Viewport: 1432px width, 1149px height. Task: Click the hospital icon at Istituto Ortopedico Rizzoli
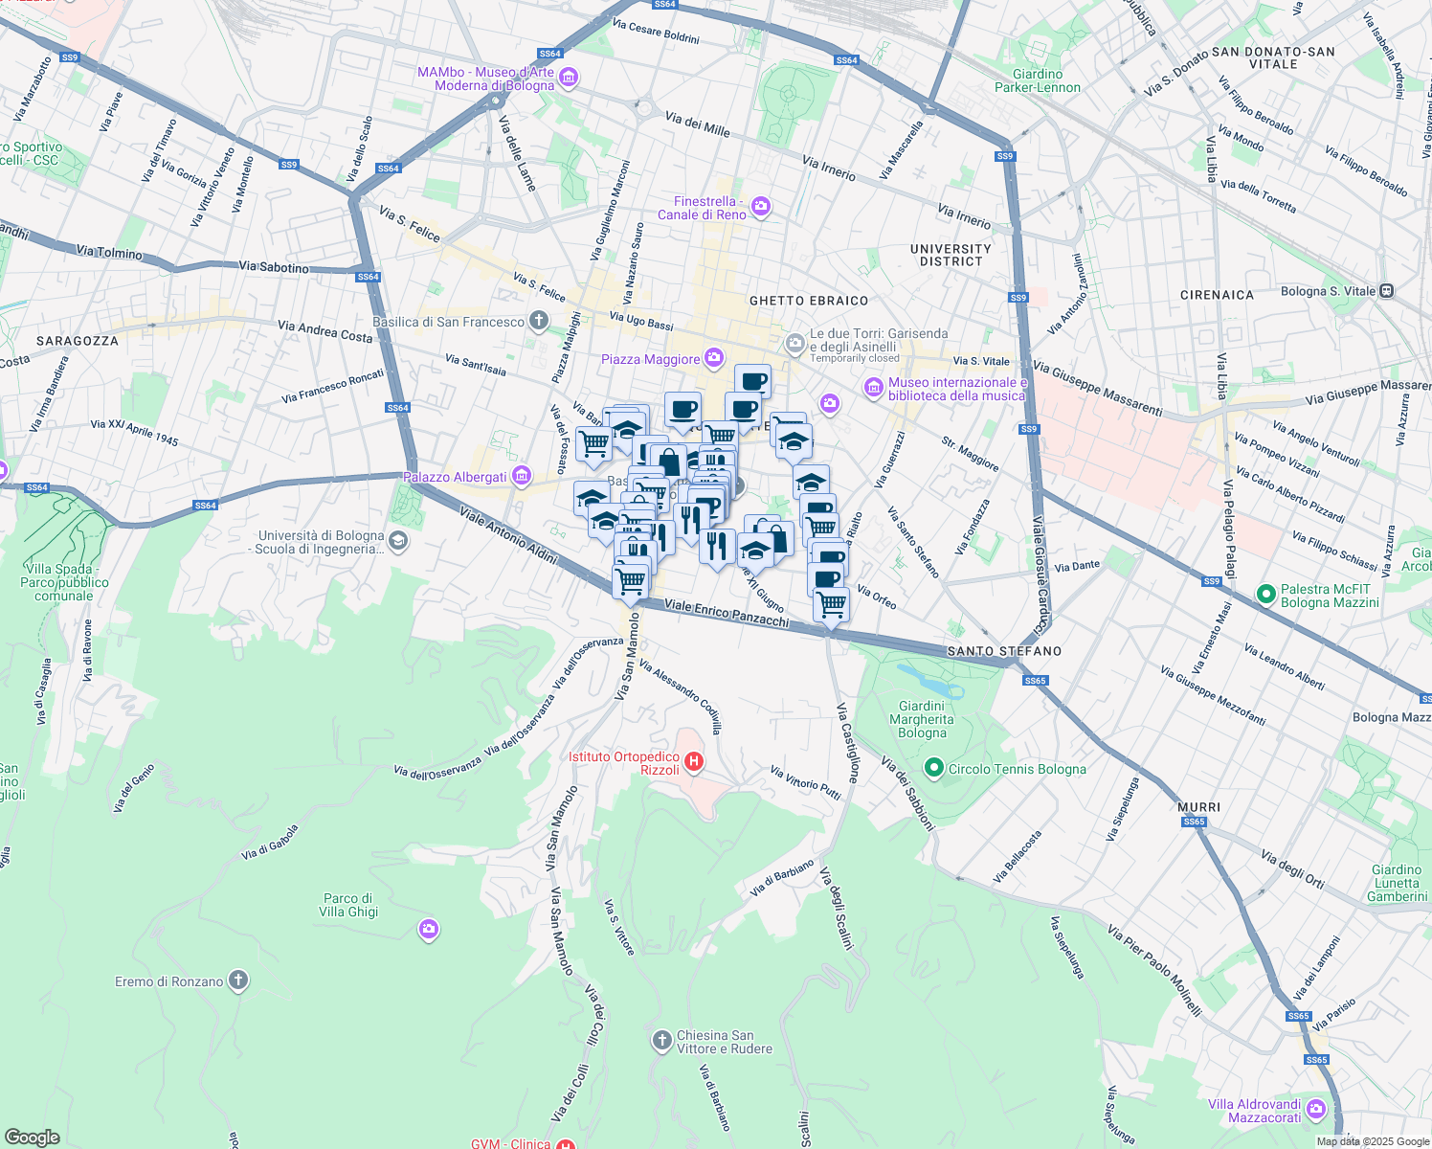(694, 763)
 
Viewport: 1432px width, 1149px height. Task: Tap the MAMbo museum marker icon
(569, 78)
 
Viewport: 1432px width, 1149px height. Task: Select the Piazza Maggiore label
(651, 359)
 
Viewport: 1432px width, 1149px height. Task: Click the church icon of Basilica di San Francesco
(539, 321)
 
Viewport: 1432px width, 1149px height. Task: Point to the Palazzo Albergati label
(455, 477)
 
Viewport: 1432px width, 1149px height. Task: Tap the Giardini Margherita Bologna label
(922, 719)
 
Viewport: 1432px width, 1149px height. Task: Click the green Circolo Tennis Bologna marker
(934, 768)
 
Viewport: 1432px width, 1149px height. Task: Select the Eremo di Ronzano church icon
(238, 980)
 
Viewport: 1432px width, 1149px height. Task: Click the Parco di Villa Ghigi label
(348, 905)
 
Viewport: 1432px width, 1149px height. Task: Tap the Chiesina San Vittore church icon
(661, 1041)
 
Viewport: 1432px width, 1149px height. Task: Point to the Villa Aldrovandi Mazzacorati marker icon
(1316, 1111)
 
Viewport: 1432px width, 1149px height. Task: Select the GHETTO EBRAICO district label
(809, 301)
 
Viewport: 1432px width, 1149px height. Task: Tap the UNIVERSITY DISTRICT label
(951, 255)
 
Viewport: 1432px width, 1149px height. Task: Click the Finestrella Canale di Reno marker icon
(761, 207)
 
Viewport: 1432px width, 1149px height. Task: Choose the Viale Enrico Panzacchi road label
(727, 614)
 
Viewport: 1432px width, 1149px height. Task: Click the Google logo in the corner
(32, 1137)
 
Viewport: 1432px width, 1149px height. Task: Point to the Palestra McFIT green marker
(1266, 596)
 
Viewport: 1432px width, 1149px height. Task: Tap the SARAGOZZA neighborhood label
(78, 341)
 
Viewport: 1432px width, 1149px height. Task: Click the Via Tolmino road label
(109, 253)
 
